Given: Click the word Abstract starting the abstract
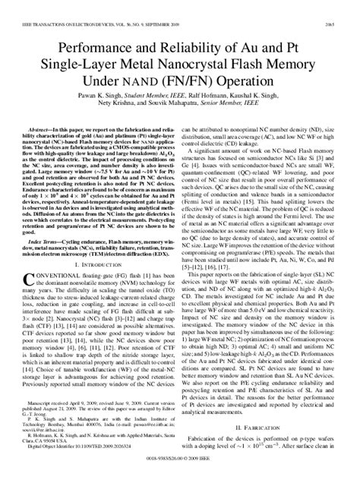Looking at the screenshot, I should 40,111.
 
